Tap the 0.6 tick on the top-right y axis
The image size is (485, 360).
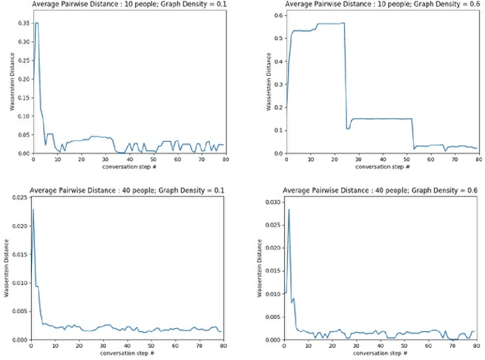tap(277, 16)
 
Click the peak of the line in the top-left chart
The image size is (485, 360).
tap(36, 23)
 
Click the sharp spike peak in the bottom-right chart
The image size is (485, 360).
tap(289, 209)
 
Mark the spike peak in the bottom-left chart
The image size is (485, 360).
tap(33, 209)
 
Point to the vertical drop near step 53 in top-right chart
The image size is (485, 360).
tap(414, 133)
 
